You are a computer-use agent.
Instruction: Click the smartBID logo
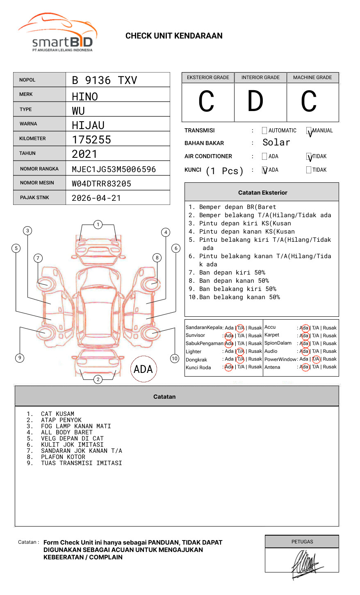pos(57,33)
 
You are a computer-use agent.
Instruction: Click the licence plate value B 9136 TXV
pos(104,80)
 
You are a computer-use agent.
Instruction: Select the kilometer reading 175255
pos(91,140)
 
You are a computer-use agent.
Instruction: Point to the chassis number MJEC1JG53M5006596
pos(114,169)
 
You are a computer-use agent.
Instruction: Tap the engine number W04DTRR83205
pos(101,184)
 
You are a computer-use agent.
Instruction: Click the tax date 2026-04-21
pos(96,198)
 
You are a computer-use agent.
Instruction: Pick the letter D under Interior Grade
pos(255,102)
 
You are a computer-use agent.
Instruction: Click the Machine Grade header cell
pos(312,77)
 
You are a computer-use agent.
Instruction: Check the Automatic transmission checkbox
pos(264,131)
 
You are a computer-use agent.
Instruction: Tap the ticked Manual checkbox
pos(309,131)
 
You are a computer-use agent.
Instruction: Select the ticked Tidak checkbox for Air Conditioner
pos(309,157)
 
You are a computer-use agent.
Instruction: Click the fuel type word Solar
pos(276,143)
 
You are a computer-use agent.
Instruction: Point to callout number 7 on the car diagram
pos(38,258)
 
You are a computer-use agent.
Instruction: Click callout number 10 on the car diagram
pos(175,359)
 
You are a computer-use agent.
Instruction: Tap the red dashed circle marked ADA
pos(143,369)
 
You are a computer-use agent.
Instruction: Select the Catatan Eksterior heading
pos(262,193)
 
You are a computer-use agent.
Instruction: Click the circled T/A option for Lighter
pos(240,351)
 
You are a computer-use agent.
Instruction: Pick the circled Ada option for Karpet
pos(304,336)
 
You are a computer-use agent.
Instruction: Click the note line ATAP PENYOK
pos(61,420)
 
